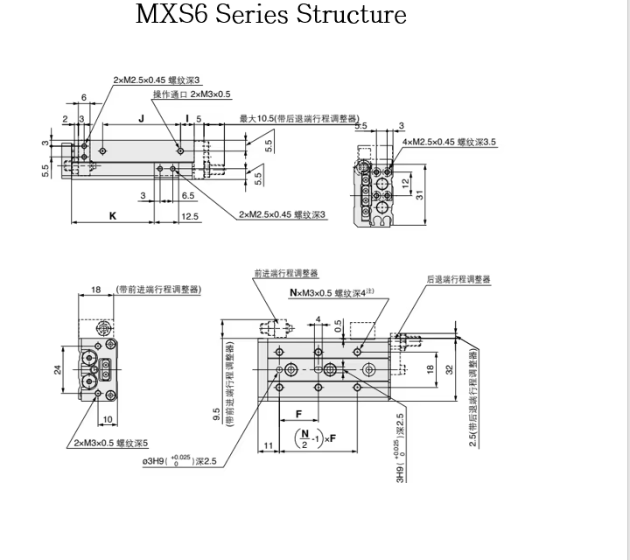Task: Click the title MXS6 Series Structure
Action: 271,15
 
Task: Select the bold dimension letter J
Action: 140,116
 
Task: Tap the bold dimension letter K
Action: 112,215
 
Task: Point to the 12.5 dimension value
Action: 189,216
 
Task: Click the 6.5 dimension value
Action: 187,196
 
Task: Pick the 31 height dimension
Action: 420,194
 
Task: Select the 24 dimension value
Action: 59,369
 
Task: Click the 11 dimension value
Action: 268,446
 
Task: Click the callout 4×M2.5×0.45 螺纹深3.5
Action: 449,142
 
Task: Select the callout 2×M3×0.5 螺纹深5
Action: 111,442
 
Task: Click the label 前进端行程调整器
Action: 286,273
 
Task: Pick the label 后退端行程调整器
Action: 458,279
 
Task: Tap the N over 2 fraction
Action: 304,437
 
